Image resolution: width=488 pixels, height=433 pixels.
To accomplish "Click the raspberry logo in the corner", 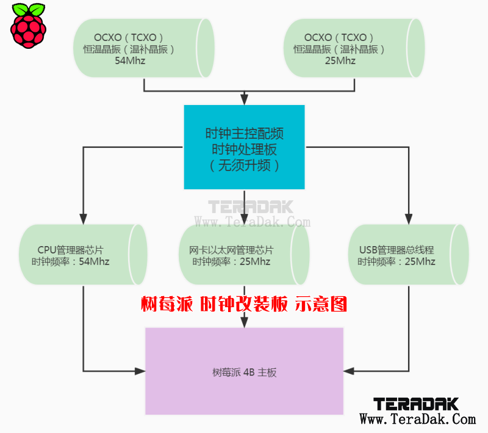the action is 28,26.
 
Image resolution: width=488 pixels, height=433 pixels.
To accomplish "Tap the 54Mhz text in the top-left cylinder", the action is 130,60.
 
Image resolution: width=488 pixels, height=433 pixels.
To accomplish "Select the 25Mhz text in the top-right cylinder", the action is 340,60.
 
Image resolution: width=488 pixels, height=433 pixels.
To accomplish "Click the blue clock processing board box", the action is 245,147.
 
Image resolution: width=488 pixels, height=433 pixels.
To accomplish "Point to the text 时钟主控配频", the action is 245,134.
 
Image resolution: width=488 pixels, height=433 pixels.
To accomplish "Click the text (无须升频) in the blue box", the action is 245,166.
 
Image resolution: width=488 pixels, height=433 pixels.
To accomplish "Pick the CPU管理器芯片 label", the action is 70,250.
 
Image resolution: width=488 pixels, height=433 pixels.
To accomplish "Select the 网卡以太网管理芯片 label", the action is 231,250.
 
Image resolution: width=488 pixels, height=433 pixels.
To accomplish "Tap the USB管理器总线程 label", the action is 396,250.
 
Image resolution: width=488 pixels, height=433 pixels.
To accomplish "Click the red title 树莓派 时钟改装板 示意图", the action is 244,304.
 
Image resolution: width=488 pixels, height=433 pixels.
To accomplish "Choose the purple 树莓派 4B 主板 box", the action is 245,371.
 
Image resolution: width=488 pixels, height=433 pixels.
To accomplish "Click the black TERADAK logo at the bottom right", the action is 416,404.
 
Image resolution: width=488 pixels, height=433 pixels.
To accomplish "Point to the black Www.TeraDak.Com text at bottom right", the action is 418,420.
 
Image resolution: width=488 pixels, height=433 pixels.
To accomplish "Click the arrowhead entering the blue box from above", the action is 245,100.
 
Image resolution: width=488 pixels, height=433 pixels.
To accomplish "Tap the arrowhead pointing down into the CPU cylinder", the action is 83,219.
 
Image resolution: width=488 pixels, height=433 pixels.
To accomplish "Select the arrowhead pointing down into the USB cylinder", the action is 409,219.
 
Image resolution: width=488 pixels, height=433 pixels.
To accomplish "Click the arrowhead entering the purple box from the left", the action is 140,371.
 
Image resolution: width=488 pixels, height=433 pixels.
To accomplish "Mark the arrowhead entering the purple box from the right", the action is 349,371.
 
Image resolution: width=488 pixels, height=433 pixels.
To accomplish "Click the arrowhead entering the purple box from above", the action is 245,322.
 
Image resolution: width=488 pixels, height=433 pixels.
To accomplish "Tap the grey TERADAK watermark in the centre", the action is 251,207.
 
